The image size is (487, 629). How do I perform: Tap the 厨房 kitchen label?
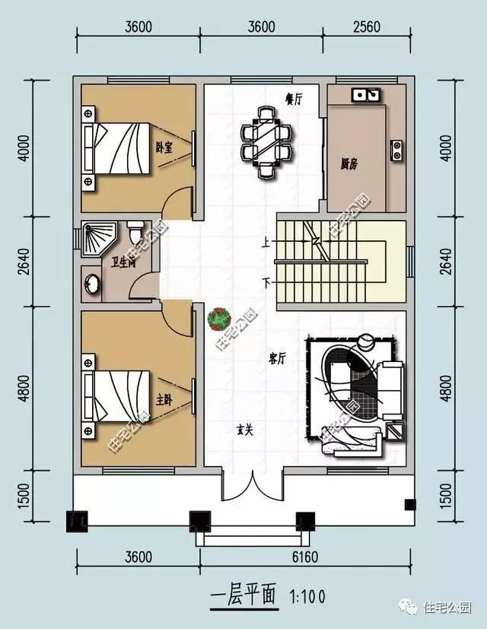(x=350, y=163)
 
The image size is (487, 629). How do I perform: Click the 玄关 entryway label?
(x=243, y=429)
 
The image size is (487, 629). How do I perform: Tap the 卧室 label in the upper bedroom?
(x=163, y=148)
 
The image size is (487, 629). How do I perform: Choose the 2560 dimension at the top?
(x=366, y=27)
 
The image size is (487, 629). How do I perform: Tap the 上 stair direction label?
(x=266, y=244)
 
